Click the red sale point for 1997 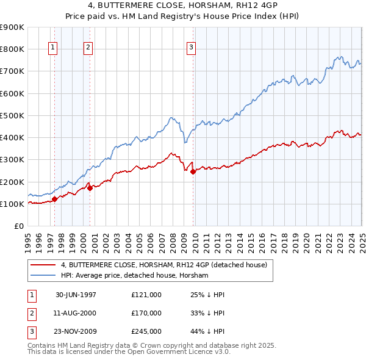pyautogui.click(x=55, y=198)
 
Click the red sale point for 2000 pyautogui.click(x=90, y=188)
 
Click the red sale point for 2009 pyautogui.click(x=193, y=171)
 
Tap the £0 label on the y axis pyautogui.click(x=18, y=226)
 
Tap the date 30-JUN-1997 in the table pyautogui.click(x=76, y=295)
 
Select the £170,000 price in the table pyautogui.click(x=146, y=313)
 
